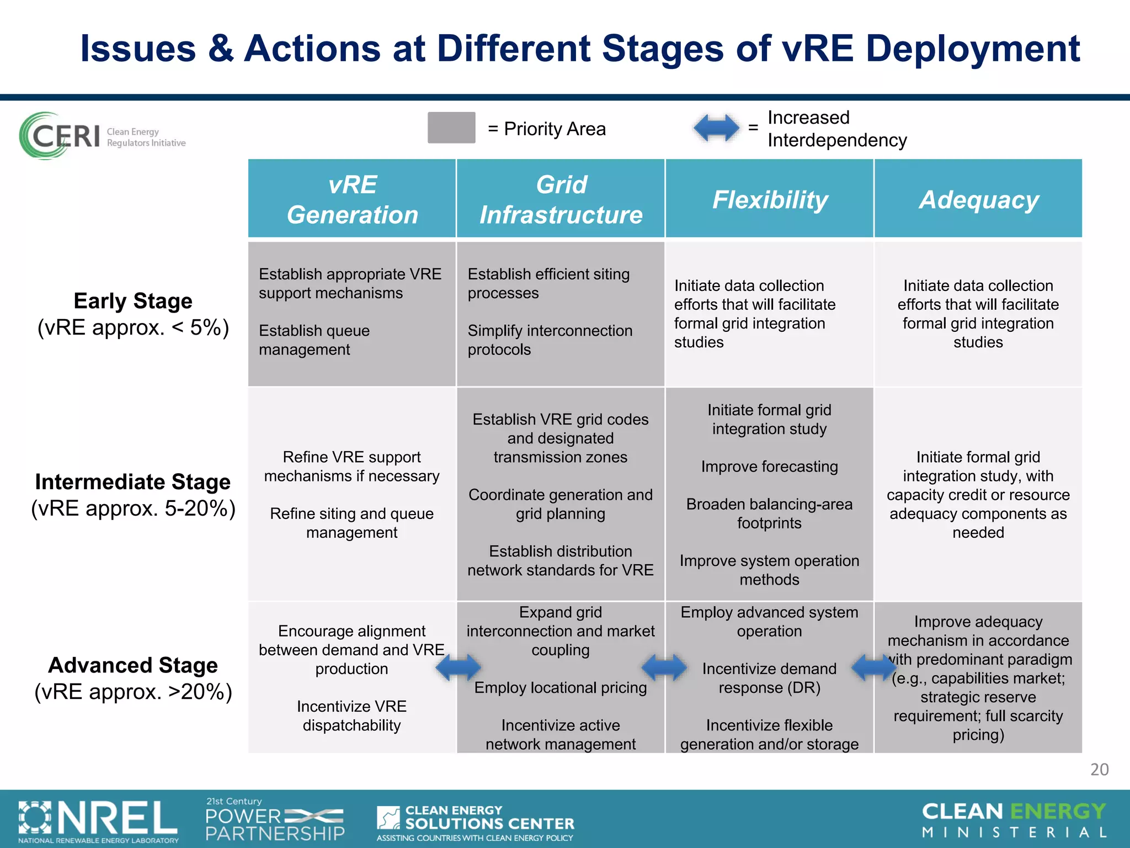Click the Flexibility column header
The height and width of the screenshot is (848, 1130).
(x=770, y=199)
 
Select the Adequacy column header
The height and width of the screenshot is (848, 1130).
(x=978, y=199)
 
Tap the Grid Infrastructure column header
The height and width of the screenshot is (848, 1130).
(x=561, y=199)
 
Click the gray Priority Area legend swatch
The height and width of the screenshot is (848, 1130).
(x=451, y=128)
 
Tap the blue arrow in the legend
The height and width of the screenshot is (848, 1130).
(x=716, y=128)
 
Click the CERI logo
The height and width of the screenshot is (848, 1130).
(x=102, y=136)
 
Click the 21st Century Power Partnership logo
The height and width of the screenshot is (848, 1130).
(x=275, y=820)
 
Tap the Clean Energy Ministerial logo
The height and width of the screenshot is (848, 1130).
(x=1014, y=820)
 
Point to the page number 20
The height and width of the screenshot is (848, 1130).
(x=1099, y=769)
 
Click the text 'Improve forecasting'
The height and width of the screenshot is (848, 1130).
(x=769, y=467)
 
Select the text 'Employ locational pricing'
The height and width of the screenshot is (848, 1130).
(x=561, y=687)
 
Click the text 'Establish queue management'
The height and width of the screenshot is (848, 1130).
(x=315, y=340)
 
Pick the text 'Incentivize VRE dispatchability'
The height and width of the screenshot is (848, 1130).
(x=351, y=715)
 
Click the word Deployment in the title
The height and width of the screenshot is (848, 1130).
(x=973, y=49)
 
